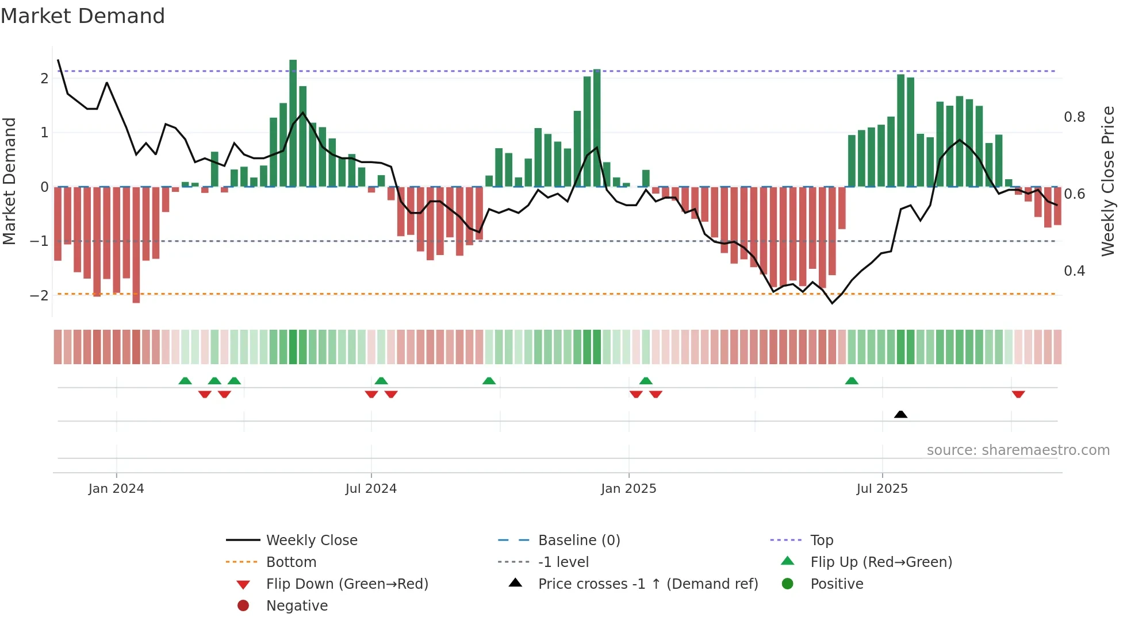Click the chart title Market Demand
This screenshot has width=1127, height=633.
pos(83,16)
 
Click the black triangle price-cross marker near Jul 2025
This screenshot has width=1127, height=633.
pos(900,414)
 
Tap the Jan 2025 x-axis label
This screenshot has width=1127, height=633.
pos(628,489)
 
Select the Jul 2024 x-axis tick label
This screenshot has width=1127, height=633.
pos(371,489)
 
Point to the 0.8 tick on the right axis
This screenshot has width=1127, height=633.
pos(1074,117)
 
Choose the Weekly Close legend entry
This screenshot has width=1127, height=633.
pos(311,541)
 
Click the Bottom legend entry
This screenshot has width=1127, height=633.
pos(291,562)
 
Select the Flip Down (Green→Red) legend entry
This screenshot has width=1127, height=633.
pos(347,584)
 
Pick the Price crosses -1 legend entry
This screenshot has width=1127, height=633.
pos(647,584)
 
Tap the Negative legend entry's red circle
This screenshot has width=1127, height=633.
pos(243,606)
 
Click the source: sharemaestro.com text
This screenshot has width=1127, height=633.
pos(1018,450)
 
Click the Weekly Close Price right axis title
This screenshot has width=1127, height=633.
pos(1108,181)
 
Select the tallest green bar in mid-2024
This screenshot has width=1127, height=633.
pos(293,123)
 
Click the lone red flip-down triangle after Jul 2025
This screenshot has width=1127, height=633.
pos(1018,395)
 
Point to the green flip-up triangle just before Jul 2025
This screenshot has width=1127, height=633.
pos(852,381)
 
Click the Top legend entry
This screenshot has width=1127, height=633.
pos(821,541)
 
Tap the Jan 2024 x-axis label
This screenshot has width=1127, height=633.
pos(116,489)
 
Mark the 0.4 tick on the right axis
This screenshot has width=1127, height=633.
pos(1074,271)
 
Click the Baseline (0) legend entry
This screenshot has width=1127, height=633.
pos(578,541)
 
